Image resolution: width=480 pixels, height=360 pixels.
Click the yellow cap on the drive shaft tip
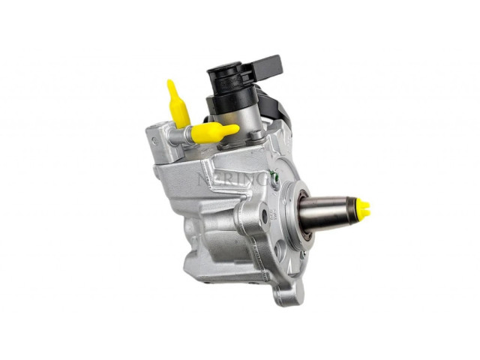point(364,208)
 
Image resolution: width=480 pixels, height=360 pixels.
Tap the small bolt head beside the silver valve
point(256,136)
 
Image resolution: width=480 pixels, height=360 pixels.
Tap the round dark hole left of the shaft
point(264,217)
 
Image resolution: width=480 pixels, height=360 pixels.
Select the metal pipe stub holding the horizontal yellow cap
point(179,136)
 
